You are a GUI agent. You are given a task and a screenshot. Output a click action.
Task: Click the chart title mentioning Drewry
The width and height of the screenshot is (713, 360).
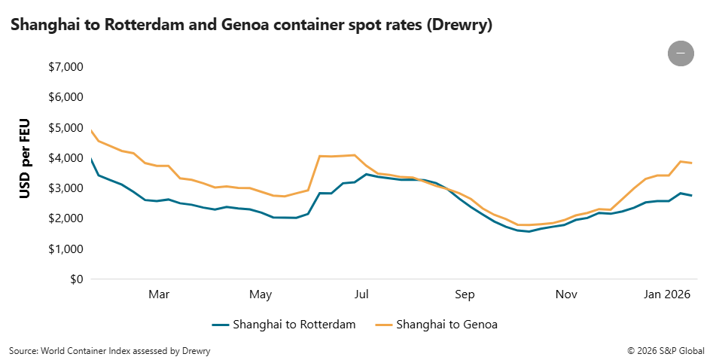click(x=251, y=26)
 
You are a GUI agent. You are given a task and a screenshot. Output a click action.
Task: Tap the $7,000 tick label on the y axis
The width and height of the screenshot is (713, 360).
click(x=65, y=67)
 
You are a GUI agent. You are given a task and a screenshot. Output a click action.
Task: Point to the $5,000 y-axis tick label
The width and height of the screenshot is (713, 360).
click(x=65, y=128)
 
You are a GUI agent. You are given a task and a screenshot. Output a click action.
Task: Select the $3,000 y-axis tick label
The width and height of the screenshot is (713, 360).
click(x=65, y=188)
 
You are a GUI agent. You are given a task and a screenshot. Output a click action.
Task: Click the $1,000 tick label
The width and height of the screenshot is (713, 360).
click(x=65, y=249)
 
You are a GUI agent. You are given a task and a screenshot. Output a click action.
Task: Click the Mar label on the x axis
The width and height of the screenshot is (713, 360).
click(x=159, y=294)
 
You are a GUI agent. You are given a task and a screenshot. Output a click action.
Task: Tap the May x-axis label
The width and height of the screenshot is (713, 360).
click(x=261, y=294)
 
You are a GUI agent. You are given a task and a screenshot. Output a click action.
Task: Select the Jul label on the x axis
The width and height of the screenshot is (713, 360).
click(x=361, y=294)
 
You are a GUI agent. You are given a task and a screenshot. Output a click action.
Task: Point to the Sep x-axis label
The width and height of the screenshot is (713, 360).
click(x=465, y=294)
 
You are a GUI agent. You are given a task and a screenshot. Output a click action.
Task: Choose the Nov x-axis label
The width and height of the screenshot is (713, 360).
click(x=566, y=294)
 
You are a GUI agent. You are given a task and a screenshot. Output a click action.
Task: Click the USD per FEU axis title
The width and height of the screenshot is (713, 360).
click(x=26, y=158)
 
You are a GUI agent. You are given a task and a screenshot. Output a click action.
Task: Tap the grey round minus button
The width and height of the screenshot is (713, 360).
click(x=681, y=53)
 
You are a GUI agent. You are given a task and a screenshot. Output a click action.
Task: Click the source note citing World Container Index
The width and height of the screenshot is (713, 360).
click(x=110, y=350)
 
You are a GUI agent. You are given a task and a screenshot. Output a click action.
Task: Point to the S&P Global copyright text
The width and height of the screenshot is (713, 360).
click(x=666, y=350)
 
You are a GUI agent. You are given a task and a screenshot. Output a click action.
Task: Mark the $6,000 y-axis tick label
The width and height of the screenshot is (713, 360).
click(x=65, y=98)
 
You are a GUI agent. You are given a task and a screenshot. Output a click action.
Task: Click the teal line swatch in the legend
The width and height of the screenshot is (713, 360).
click(x=220, y=325)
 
